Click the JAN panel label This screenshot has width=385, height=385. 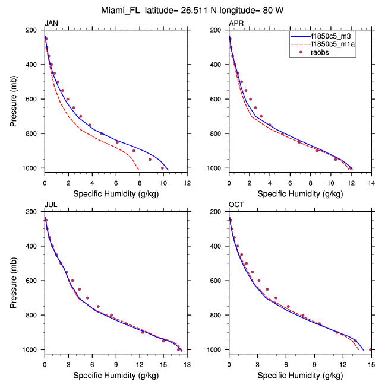(x=52, y=23)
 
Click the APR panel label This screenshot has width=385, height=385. (x=236, y=23)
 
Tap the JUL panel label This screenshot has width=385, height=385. (x=51, y=205)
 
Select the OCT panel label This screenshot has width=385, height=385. (x=236, y=205)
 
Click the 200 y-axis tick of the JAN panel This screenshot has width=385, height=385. (x=33, y=30)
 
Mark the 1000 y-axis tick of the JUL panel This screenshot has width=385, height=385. (x=31, y=350)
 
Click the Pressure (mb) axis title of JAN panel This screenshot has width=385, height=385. (x=14, y=99)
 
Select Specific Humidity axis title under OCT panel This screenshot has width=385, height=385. (x=299, y=375)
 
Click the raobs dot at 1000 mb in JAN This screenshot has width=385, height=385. (x=162, y=168)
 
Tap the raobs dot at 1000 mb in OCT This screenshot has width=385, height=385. (x=371, y=349)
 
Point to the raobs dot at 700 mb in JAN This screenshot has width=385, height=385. (x=81, y=116)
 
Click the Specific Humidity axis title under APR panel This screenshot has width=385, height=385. (x=299, y=193)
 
